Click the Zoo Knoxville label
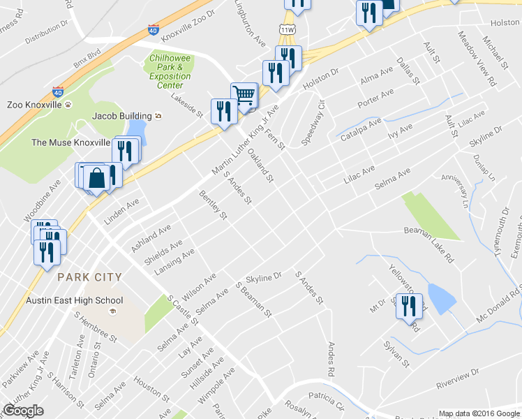35,104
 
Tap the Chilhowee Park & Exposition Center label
169,72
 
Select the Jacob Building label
122,116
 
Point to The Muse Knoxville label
70,142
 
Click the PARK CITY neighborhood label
90,277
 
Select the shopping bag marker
97,179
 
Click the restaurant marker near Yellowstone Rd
408,306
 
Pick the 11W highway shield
287,29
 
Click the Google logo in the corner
23,411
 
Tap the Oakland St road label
262,168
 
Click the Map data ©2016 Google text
478,413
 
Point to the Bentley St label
214,205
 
